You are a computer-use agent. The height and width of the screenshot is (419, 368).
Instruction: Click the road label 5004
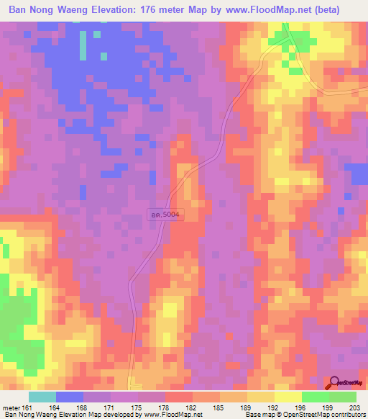pyautogui.click(x=162, y=214)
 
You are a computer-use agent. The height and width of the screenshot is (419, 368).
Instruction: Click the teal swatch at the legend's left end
pyautogui.click(x=42, y=397)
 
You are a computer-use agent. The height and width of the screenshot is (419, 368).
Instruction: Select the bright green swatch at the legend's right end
pyautogui.click(x=343, y=397)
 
